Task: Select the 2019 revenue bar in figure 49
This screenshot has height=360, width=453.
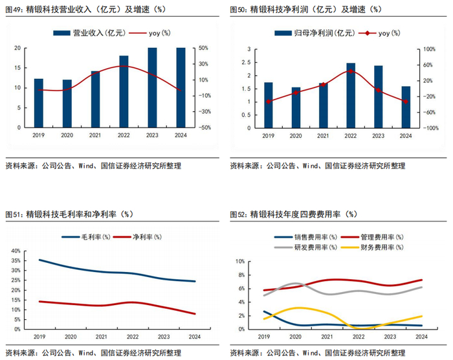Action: pyautogui.click(x=38, y=103)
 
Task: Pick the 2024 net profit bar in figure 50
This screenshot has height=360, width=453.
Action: pyautogui.click(x=406, y=107)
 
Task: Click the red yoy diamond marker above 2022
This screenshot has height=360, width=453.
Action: pyautogui.click(x=351, y=71)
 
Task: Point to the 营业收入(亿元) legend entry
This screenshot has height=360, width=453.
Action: pyautogui.click(x=90, y=32)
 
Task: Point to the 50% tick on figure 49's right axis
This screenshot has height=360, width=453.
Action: pyautogui.click(x=203, y=48)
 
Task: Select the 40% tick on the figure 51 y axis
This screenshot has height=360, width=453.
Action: pyautogui.click(x=15, y=251)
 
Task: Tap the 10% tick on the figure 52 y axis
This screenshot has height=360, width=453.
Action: pyautogui.click(x=239, y=262)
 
